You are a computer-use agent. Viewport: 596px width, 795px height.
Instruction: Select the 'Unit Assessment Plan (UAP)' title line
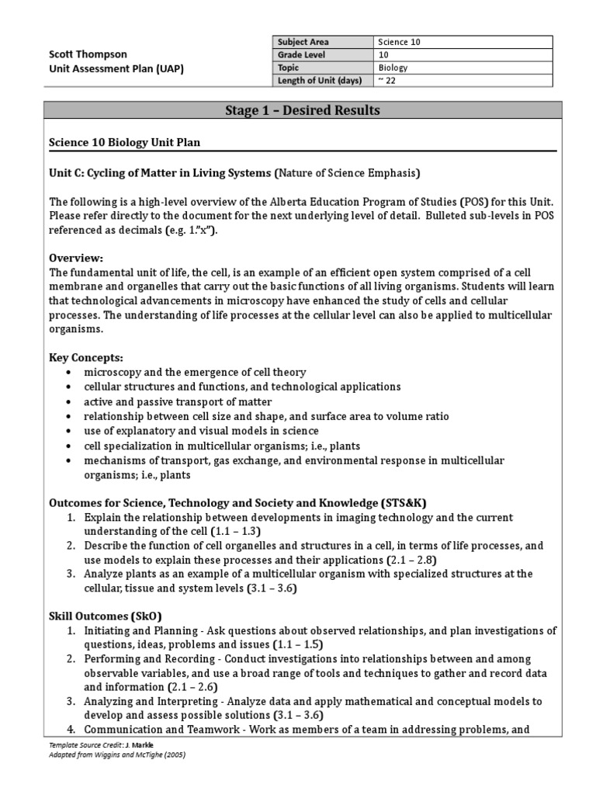[x=116, y=68]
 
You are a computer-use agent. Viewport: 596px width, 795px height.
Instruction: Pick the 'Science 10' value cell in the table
[x=400, y=42]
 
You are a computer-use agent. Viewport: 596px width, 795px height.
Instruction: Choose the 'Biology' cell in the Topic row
[x=393, y=67]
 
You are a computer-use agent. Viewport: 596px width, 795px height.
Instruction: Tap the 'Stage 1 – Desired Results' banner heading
[x=302, y=110]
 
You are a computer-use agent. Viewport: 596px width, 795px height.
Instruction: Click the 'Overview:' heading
[x=75, y=257]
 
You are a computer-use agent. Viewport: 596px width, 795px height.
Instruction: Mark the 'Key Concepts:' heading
[x=86, y=357]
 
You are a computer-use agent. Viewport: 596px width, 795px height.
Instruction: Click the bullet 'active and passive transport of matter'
[x=178, y=401]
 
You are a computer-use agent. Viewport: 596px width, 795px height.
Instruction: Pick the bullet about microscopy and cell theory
[x=195, y=372]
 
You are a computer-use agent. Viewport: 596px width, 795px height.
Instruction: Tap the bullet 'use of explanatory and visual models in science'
[x=201, y=430]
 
